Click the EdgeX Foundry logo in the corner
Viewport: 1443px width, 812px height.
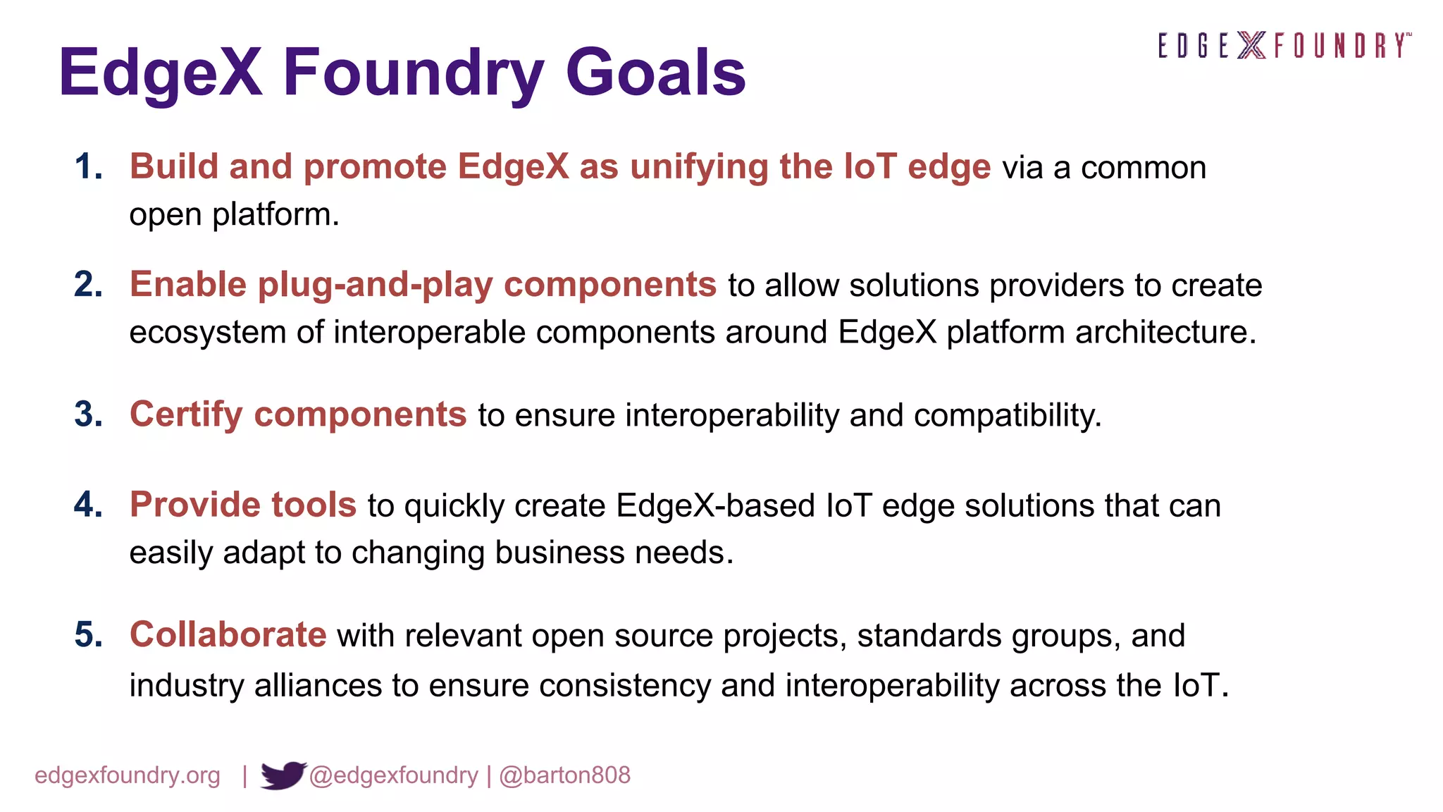(x=1284, y=46)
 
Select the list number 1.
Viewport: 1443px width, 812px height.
(x=89, y=168)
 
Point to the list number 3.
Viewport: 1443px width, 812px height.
(x=89, y=414)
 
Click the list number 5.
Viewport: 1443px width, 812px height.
(x=89, y=635)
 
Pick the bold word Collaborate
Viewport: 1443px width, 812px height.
(x=228, y=634)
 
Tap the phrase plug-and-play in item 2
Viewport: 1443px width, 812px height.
(x=375, y=285)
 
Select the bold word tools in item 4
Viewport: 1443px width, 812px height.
(x=314, y=505)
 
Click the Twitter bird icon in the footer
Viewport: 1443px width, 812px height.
(x=283, y=775)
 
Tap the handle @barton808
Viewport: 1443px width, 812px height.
(x=564, y=775)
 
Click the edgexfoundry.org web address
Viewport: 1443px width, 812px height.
(x=128, y=775)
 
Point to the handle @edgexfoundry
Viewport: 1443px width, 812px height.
(x=393, y=775)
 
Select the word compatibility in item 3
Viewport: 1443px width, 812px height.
(x=1008, y=415)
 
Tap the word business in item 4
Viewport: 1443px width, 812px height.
(x=559, y=553)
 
